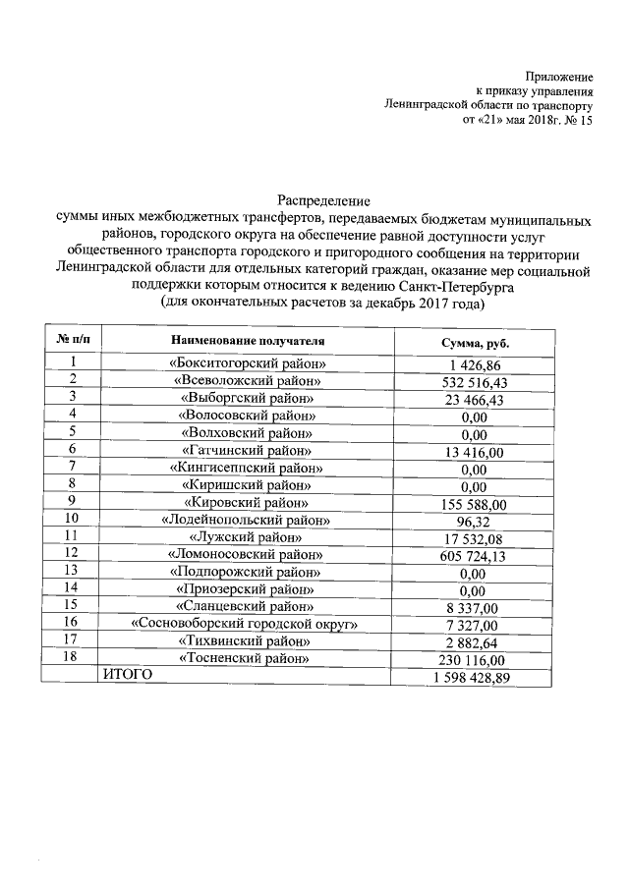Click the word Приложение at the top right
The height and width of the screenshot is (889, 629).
click(x=559, y=77)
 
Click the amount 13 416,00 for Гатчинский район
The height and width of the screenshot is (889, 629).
click(x=474, y=451)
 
